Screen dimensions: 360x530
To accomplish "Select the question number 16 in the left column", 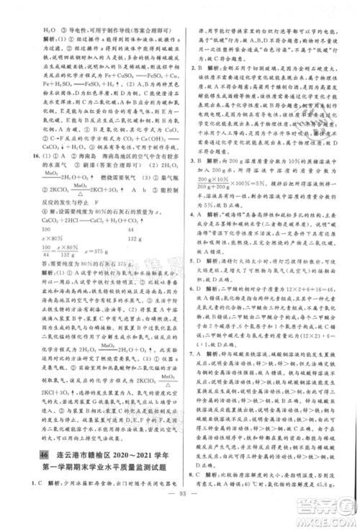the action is pyautogui.click(x=27, y=154).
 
